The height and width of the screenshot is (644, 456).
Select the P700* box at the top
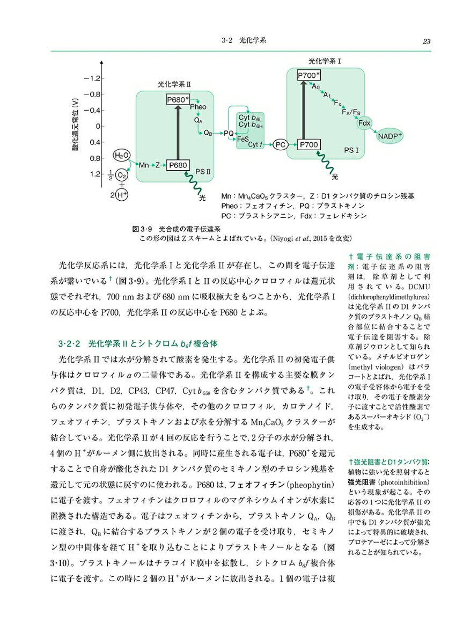[x=308, y=75]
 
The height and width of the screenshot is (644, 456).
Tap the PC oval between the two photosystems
[x=279, y=144]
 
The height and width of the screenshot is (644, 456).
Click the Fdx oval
[x=365, y=123]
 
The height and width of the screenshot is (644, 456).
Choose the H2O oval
[x=122, y=155]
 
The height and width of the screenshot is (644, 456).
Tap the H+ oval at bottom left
[x=122, y=195]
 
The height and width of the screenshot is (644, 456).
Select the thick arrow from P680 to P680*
[x=178, y=132]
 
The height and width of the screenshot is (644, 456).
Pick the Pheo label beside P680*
[x=198, y=107]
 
